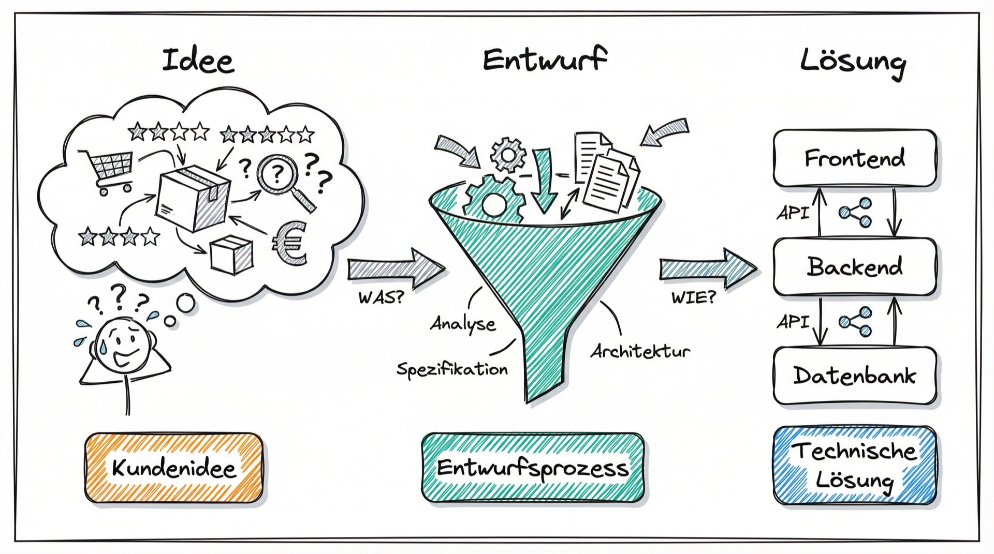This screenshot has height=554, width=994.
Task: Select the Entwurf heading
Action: (545, 59)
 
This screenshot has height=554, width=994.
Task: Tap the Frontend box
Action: (855, 158)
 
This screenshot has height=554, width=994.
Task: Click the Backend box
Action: (855, 267)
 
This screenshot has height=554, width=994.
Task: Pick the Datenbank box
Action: (855, 376)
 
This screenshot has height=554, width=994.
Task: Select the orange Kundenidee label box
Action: (173, 469)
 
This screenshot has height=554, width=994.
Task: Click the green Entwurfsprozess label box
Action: (533, 469)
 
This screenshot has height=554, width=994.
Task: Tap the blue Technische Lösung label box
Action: (855, 466)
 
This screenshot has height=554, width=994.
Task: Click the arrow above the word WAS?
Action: (396, 269)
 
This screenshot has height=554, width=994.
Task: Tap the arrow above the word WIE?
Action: (708, 269)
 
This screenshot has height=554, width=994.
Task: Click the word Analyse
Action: (463, 324)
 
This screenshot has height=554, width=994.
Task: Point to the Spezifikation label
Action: (452, 369)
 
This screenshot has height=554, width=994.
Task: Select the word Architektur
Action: (640, 351)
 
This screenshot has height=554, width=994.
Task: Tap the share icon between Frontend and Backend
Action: (855, 213)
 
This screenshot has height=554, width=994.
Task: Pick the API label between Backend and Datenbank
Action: (793, 322)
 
